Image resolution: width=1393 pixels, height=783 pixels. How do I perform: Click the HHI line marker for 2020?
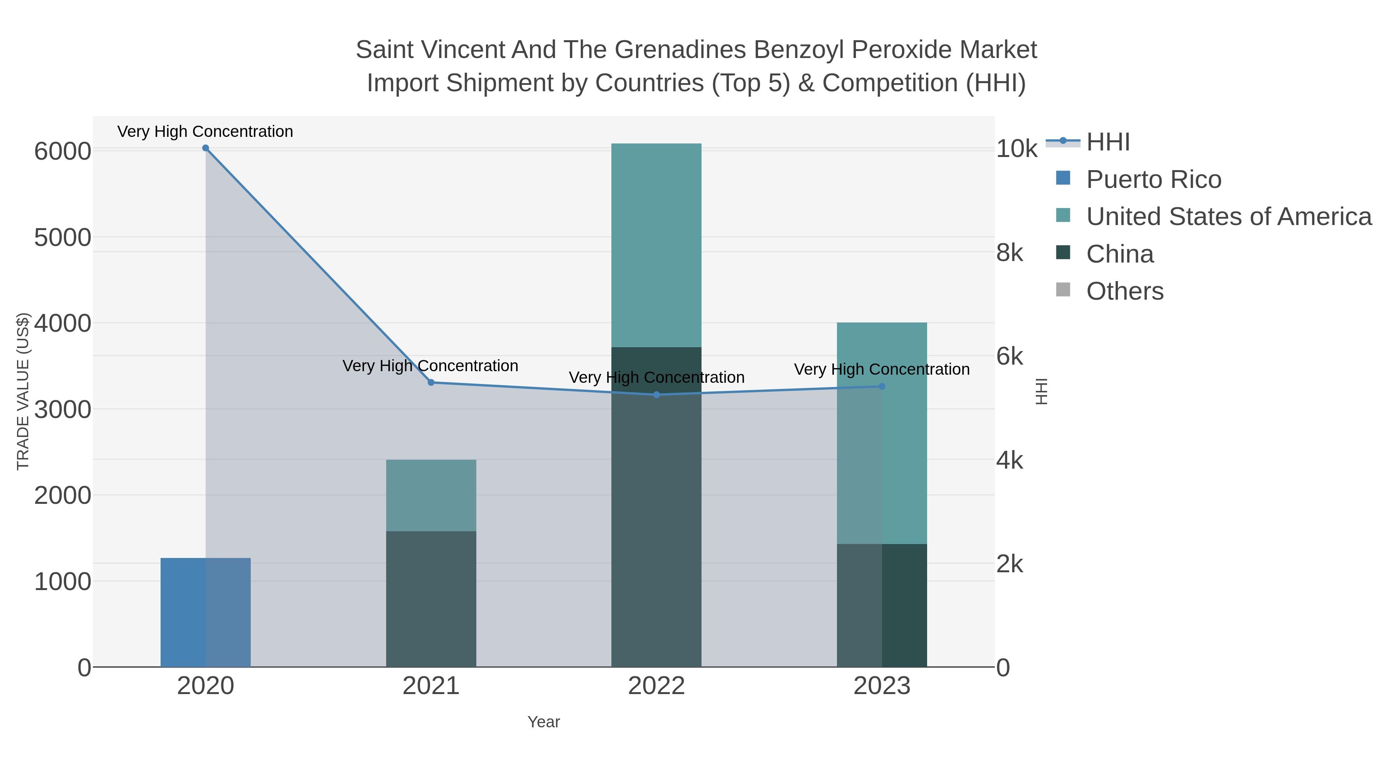coord(205,148)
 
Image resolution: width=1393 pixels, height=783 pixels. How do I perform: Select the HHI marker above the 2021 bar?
coord(431,382)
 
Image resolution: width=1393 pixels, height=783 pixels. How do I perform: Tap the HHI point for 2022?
coord(657,395)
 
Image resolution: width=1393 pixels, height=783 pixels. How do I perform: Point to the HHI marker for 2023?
coord(882,386)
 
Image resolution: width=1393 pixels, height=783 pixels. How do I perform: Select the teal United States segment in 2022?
coord(657,246)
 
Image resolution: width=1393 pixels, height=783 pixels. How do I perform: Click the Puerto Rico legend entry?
coord(1153,179)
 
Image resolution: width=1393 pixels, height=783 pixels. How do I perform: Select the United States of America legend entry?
coord(1229,217)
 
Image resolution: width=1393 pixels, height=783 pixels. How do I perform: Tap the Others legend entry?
coord(1125,291)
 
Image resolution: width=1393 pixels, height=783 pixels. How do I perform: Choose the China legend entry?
coord(1120,254)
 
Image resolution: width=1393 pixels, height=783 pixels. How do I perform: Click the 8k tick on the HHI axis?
coord(1010,253)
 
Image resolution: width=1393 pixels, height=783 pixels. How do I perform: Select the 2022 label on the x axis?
coord(657,686)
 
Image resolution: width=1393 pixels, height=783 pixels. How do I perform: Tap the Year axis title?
coord(544,722)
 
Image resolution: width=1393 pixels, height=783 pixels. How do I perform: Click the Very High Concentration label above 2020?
coord(205,132)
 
